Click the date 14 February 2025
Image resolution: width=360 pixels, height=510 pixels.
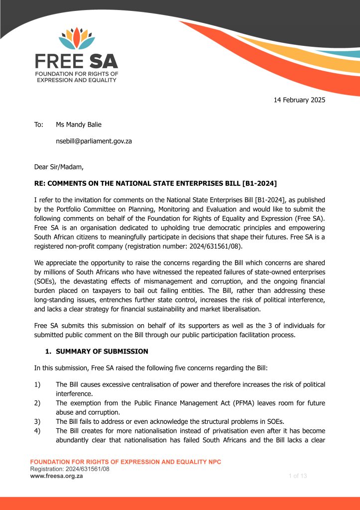[x=299, y=100]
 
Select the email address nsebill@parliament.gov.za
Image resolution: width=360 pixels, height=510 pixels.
[x=94, y=141]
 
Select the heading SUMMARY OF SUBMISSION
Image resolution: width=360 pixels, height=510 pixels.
[x=102, y=351]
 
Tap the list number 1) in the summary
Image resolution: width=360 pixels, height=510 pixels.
[x=37, y=384]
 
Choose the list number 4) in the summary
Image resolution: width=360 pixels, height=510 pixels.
[x=37, y=431]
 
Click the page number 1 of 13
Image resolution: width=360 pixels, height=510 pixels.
[x=298, y=476]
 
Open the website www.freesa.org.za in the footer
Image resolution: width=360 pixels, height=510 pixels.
[x=57, y=476]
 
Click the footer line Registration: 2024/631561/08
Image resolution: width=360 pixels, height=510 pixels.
[x=70, y=469]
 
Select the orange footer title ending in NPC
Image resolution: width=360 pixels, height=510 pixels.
[x=126, y=462]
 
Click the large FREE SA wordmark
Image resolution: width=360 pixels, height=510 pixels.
[x=76, y=61]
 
